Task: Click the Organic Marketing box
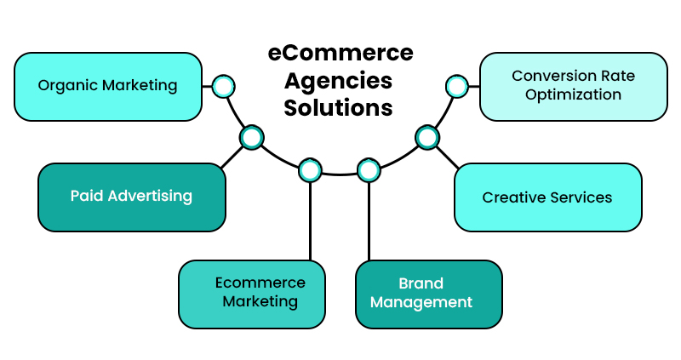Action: (108, 86)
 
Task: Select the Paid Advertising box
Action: (132, 197)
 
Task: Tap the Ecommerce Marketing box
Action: (252, 294)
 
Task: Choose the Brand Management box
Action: (428, 294)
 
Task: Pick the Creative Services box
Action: (547, 197)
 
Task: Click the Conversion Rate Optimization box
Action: (573, 86)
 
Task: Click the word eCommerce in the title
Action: (340, 53)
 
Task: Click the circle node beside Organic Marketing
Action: (223, 86)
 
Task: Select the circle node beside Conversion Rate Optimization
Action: (457, 86)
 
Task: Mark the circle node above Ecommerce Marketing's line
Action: (311, 170)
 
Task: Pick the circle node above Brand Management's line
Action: (369, 170)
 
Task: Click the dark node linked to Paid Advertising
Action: (252, 137)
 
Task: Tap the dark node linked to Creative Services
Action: (427, 137)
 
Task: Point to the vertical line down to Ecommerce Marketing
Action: (311, 221)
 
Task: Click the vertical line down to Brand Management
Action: (369, 221)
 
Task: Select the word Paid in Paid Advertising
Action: (84, 197)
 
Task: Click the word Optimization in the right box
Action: (573, 94)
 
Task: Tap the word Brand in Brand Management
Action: (421, 284)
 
